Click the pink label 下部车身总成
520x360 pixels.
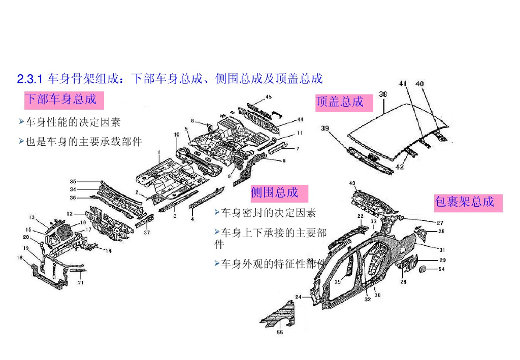click(63, 100)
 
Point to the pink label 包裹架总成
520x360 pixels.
click(467, 202)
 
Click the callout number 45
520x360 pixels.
click(268, 96)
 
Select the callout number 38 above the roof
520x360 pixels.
click(383, 94)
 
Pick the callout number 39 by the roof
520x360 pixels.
click(324, 128)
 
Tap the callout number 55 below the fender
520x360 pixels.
click(280, 333)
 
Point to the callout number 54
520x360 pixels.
click(441, 269)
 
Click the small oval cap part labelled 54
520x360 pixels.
click(421, 269)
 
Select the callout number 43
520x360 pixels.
click(352, 183)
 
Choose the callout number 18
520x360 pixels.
click(20, 258)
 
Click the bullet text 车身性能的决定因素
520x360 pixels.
click(73, 122)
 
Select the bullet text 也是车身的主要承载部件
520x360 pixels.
click(84, 142)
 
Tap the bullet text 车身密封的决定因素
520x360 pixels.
click(268, 213)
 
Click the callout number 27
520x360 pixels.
click(440, 222)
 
